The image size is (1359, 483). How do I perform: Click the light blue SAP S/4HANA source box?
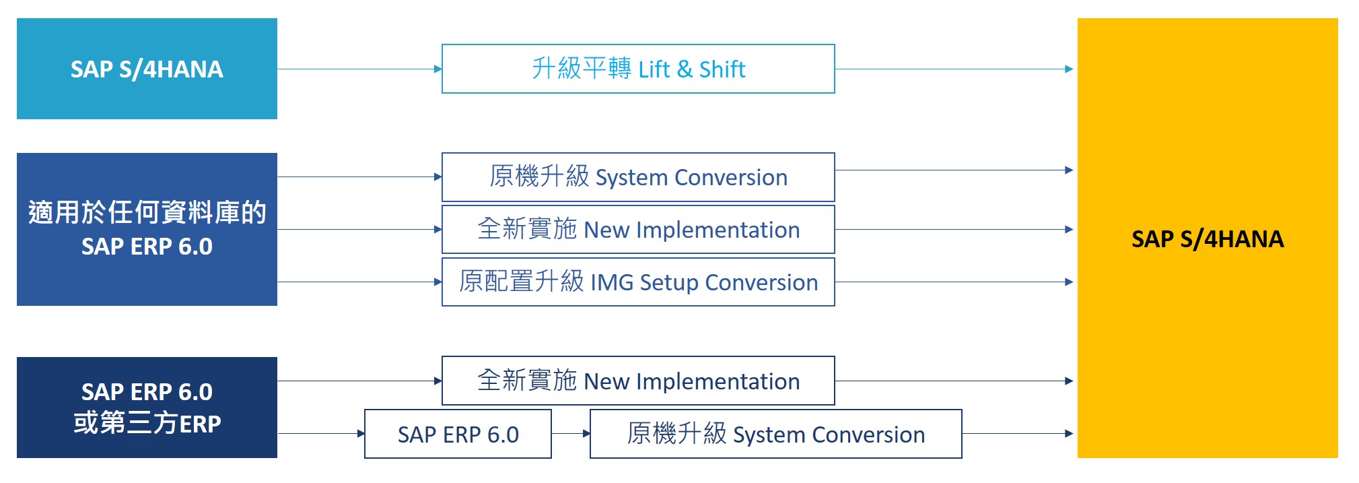[x=147, y=69]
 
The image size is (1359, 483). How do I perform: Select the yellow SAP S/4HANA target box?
[x=1207, y=238]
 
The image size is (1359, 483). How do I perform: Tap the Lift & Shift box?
[x=638, y=69]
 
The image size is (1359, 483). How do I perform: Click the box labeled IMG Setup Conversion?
[x=638, y=282]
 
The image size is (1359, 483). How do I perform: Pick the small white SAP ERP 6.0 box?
[x=458, y=434]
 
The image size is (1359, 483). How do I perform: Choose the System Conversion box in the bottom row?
[x=775, y=434]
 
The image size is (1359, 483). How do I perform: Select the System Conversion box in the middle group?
[x=638, y=177]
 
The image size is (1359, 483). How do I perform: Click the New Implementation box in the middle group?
[x=638, y=230]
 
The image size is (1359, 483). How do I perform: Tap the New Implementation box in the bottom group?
[x=638, y=381]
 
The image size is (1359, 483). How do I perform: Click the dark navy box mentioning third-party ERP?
[x=147, y=408]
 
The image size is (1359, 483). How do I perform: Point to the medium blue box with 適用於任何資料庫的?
[x=147, y=229]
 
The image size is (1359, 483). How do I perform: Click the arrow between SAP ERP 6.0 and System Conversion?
[x=571, y=433]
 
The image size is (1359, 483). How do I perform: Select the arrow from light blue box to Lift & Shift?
[x=359, y=69]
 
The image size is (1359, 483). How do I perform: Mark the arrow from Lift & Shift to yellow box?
[x=954, y=69]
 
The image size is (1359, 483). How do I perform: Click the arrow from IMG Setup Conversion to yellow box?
[x=954, y=282]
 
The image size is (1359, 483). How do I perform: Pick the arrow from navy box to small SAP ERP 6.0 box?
[x=321, y=433]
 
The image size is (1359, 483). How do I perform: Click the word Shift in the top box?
[x=722, y=69]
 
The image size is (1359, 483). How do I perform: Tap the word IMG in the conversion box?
[x=611, y=282]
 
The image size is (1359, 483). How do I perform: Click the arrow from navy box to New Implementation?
[x=359, y=381]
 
